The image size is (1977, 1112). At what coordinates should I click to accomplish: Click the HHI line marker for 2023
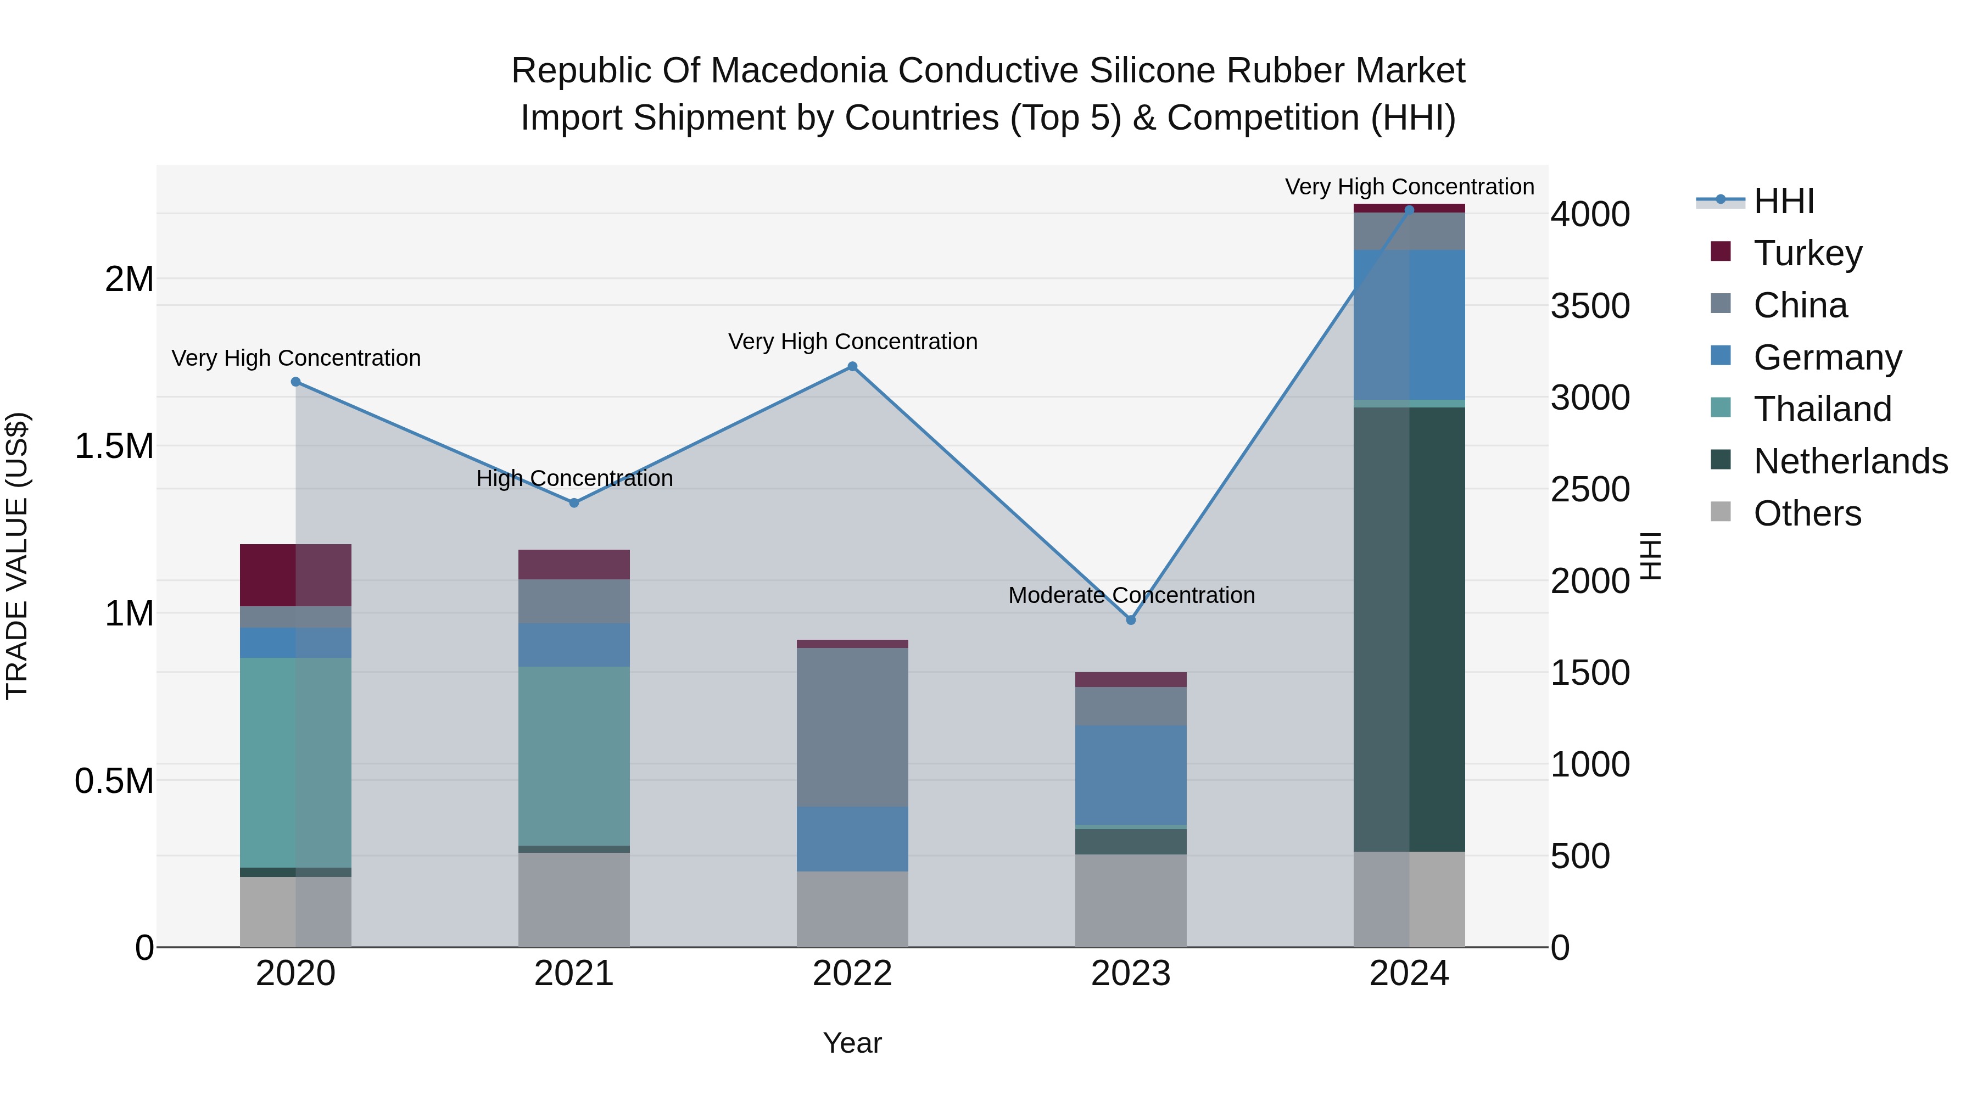[1131, 619]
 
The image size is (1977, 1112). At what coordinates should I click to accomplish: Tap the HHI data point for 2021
[574, 502]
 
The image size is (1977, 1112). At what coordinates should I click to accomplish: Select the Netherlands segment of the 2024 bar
[1409, 629]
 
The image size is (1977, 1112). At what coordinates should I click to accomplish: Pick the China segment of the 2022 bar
[852, 727]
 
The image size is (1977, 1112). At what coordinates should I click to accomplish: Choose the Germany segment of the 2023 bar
[1131, 774]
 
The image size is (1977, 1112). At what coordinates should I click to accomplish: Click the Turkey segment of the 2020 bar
[295, 575]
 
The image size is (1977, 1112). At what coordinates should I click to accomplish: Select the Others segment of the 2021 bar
[574, 899]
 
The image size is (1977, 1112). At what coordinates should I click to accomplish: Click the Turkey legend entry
[1807, 253]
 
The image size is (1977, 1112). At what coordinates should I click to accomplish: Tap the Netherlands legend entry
[1850, 461]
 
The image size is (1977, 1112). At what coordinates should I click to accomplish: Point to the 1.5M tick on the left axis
[114, 446]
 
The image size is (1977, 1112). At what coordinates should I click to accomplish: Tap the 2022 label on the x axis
[852, 974]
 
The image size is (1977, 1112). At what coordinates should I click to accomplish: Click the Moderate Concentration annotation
[1131, 595]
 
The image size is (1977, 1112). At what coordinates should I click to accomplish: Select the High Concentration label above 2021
[574, 478]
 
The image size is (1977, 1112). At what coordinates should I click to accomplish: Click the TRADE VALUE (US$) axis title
[17, 556]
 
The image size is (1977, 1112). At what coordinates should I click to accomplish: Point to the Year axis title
[852, 1043]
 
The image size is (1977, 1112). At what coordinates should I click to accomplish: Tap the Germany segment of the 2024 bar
[1409, 325]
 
